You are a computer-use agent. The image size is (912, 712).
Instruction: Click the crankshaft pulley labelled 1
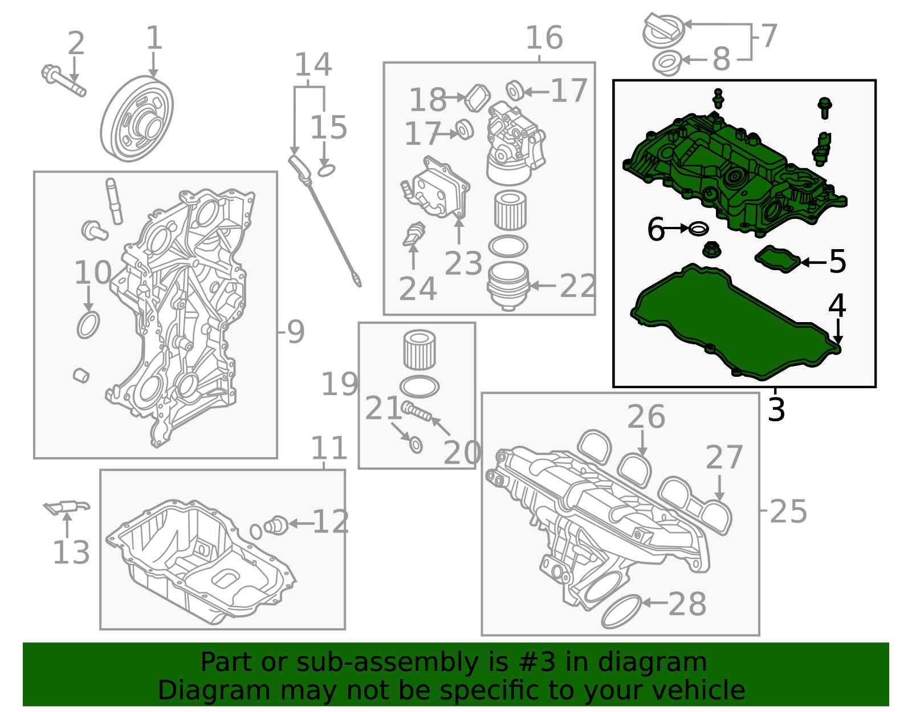(x=137, y=119)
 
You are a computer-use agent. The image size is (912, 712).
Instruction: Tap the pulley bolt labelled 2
(x=63, y=80)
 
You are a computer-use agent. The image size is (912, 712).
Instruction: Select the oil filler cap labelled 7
(x=663, y=30)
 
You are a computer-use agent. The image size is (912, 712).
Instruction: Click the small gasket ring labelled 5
(x=777, y=260)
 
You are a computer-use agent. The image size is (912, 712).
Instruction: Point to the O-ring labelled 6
(x=699, y=229)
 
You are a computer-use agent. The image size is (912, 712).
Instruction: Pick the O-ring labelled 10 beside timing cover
(x=88, y=325)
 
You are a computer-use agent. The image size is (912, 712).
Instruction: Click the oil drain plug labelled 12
(x=276, y=526)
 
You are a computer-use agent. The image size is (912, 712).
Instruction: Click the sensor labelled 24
(x=413, y=234)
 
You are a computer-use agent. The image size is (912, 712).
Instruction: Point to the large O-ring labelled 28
(x=621, y=611)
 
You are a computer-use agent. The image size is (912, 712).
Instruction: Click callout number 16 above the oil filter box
(x=544, y=38)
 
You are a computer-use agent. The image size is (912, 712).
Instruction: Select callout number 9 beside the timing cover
(x=296, y=332)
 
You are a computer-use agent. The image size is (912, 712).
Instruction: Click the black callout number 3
(x=776, y=409)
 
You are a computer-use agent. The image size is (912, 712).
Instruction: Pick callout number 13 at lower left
(x=71, y=552)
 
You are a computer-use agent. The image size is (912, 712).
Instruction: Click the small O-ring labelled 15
(x=326, y=170)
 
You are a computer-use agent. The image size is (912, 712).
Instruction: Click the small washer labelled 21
(x=416, y=445)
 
